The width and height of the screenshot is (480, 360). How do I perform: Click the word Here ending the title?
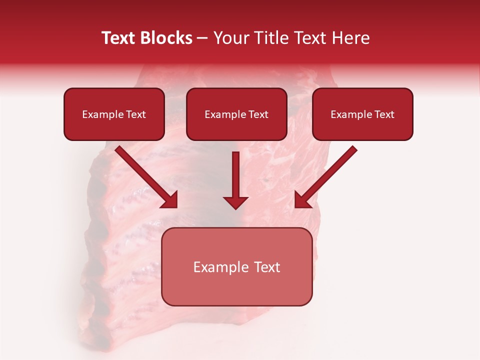coord(352,38)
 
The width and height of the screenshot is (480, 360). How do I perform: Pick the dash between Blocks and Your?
coord(202,38)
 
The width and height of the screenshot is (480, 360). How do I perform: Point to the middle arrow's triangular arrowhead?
coord(235,202)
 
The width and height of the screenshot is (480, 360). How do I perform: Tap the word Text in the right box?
coord(384,114)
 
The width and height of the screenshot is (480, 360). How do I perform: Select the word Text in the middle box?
coord(258,114)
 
